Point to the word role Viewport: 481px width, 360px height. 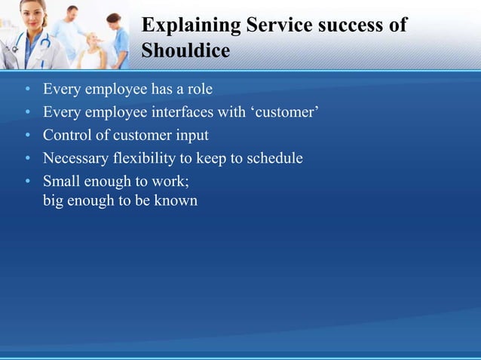coord(198,90)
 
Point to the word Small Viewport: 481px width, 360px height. coord(60,181)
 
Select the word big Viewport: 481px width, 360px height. coord(53,201)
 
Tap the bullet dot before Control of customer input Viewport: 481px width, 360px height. coord(27,136)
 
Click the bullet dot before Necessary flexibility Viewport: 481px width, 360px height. coord(27,159)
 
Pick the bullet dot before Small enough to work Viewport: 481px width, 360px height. coord(27,182)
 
